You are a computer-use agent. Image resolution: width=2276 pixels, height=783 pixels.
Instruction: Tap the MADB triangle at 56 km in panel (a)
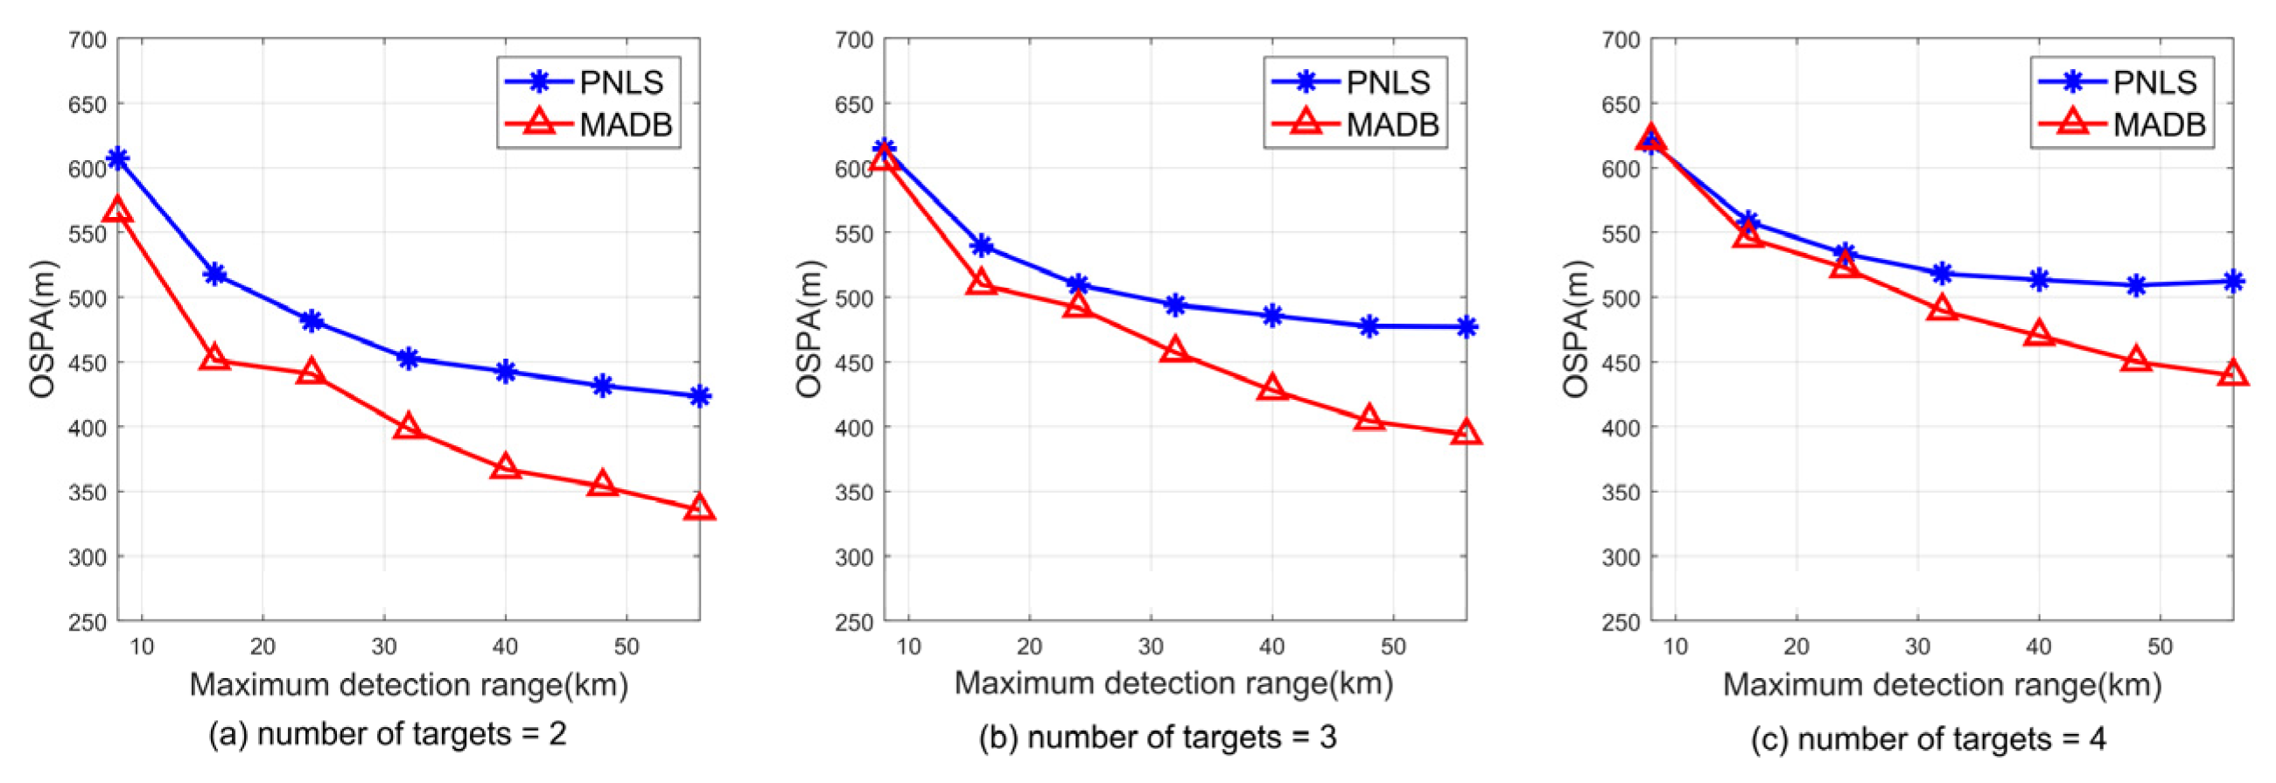click(699, 508)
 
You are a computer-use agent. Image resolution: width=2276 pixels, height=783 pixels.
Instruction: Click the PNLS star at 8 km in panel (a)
click(117, 159)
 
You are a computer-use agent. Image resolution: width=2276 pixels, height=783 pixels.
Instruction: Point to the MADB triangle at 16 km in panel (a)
click(214, 358)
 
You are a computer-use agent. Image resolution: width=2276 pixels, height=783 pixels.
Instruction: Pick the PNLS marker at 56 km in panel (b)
click(1466, 327)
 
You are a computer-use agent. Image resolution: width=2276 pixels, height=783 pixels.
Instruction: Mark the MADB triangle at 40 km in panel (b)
click(1271, 388)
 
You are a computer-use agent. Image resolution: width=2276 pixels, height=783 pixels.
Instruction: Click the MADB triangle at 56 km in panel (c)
click(2233, 373)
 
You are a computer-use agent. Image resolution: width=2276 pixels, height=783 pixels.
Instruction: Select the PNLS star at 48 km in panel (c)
click(2135, 285)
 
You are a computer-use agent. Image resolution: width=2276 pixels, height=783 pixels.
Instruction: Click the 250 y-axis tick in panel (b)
click(853, 622)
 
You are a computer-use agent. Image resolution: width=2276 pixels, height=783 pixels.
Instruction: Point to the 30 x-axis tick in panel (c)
click(1917, 647)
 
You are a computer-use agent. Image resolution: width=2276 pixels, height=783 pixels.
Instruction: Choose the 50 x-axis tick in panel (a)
click(627, 647)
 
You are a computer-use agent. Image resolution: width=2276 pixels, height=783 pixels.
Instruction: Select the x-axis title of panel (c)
click(1942, 685)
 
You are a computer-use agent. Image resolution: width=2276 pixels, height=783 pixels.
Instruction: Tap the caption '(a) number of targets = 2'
click(387, 734)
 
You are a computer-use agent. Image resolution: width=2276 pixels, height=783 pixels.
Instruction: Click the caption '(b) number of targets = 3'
click(1158, 737)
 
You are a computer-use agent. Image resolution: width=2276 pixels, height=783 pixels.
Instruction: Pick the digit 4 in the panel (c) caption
click(2097, 738)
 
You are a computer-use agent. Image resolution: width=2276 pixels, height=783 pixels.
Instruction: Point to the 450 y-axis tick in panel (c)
click(1621, 363)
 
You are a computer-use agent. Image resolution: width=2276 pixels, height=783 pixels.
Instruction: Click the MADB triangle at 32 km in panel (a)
click(407, 427)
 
